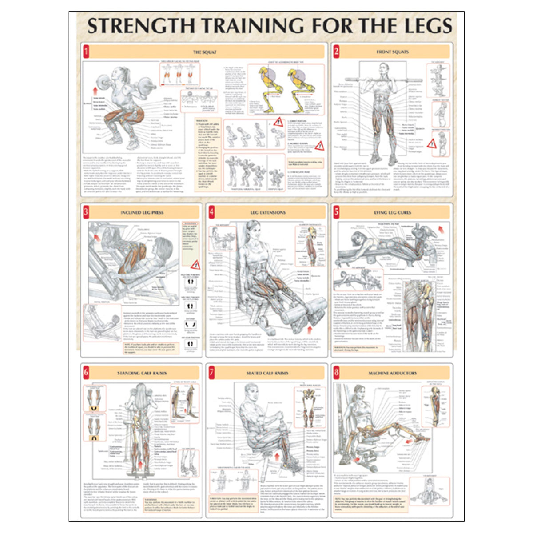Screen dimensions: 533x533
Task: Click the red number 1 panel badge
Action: point(86,51)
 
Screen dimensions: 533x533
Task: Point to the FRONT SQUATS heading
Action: point(393,52)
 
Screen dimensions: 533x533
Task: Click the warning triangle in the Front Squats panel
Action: point(431,143)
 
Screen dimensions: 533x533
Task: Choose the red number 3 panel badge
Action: point(86,212)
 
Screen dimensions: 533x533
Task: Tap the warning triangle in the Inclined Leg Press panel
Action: point(195,266)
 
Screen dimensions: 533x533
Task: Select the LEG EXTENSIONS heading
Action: point(268,213)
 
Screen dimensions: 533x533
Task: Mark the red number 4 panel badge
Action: point(211,212)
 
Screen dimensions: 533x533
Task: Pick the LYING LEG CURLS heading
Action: point(393,213)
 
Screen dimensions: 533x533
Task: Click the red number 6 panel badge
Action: point(86,372)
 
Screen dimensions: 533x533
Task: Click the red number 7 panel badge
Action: point(211,372)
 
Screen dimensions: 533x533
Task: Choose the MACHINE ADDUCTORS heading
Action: point(393,373)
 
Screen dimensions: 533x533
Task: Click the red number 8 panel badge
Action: point(336,372)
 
